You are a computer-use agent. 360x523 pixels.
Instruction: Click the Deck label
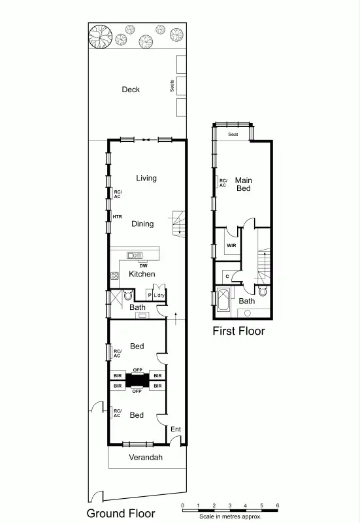tap(131, 90)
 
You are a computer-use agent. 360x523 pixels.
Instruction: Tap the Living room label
tap(146, 178)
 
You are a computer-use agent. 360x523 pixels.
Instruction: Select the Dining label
tap(142, 224)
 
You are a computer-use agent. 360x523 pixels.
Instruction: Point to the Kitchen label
tap(142, 274)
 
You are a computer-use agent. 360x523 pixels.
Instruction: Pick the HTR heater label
tap(118, 216)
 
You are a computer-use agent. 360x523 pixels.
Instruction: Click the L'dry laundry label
tap(159, 295)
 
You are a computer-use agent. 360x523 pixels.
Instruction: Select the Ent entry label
tap(175, 430)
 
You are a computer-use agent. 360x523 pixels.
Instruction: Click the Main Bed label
tap(244, 184)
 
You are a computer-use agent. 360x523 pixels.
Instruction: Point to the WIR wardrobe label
tap(231, 245)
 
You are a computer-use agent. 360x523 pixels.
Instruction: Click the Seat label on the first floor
tap(233, 135)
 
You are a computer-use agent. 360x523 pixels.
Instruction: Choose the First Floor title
tap(239, 331)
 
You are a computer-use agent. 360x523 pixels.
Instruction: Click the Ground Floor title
tap(121, 513)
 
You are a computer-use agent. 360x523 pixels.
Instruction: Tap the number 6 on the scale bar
tap(278, 505)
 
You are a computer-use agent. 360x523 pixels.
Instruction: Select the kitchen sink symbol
tap(135, 256)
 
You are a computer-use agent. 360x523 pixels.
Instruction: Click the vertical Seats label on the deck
tap(172, 86)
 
